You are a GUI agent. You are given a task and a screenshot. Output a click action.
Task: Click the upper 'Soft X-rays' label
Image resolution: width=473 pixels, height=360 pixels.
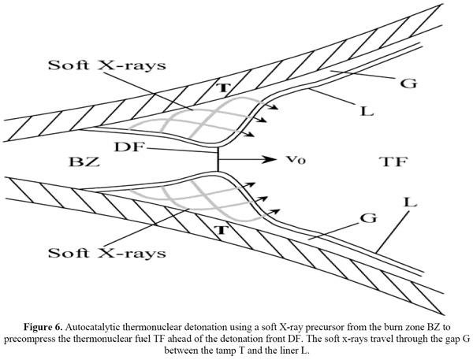pos(107,65)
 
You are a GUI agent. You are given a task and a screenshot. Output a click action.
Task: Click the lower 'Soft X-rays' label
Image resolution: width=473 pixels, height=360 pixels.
pos(107,252)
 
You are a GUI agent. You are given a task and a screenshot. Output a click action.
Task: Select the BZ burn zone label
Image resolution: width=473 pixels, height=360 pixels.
pos(84,161)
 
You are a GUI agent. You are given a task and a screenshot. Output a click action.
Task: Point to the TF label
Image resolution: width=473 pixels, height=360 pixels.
pos(394,161)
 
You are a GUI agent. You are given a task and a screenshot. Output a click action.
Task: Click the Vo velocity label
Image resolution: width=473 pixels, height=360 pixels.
pos(296,160)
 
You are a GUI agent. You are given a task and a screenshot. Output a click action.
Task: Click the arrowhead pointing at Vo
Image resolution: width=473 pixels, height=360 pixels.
pos(270,159)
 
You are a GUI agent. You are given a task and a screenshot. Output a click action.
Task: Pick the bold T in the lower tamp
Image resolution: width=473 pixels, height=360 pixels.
pos(222,230)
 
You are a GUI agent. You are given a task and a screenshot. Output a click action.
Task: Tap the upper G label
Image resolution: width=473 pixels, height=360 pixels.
pos(408,83)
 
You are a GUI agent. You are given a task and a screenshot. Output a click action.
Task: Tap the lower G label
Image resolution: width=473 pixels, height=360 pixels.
pos(368,217)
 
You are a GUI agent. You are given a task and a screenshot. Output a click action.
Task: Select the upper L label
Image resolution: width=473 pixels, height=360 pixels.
pos(367,110)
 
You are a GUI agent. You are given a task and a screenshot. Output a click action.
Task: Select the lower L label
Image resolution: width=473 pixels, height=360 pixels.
pos(410,202)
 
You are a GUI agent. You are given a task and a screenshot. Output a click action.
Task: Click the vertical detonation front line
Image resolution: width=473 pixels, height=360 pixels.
pos(218,159)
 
